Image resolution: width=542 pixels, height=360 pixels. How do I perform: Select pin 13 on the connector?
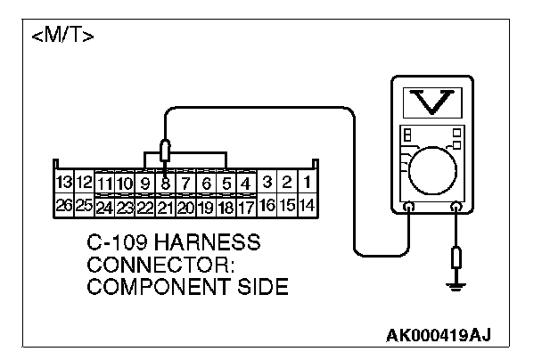pos(63,183)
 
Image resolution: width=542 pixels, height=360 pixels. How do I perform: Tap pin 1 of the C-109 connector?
pos(307,183)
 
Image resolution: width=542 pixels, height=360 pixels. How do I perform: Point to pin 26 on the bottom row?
pos(63,205)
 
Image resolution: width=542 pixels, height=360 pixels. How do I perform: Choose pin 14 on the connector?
pos(307,205)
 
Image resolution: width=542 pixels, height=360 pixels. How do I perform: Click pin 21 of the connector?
pos(166,208)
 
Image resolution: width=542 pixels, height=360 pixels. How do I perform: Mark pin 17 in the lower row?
pos(246,208)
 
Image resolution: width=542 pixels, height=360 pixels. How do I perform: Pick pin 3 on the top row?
pos(267,183)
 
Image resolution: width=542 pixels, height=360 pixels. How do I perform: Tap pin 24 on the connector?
pos(105,208)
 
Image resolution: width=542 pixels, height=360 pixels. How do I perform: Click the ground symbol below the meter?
pos(456,285)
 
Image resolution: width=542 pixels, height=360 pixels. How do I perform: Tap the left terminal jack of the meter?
pos(408,208)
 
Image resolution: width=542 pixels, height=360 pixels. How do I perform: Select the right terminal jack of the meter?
pos(456,208)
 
